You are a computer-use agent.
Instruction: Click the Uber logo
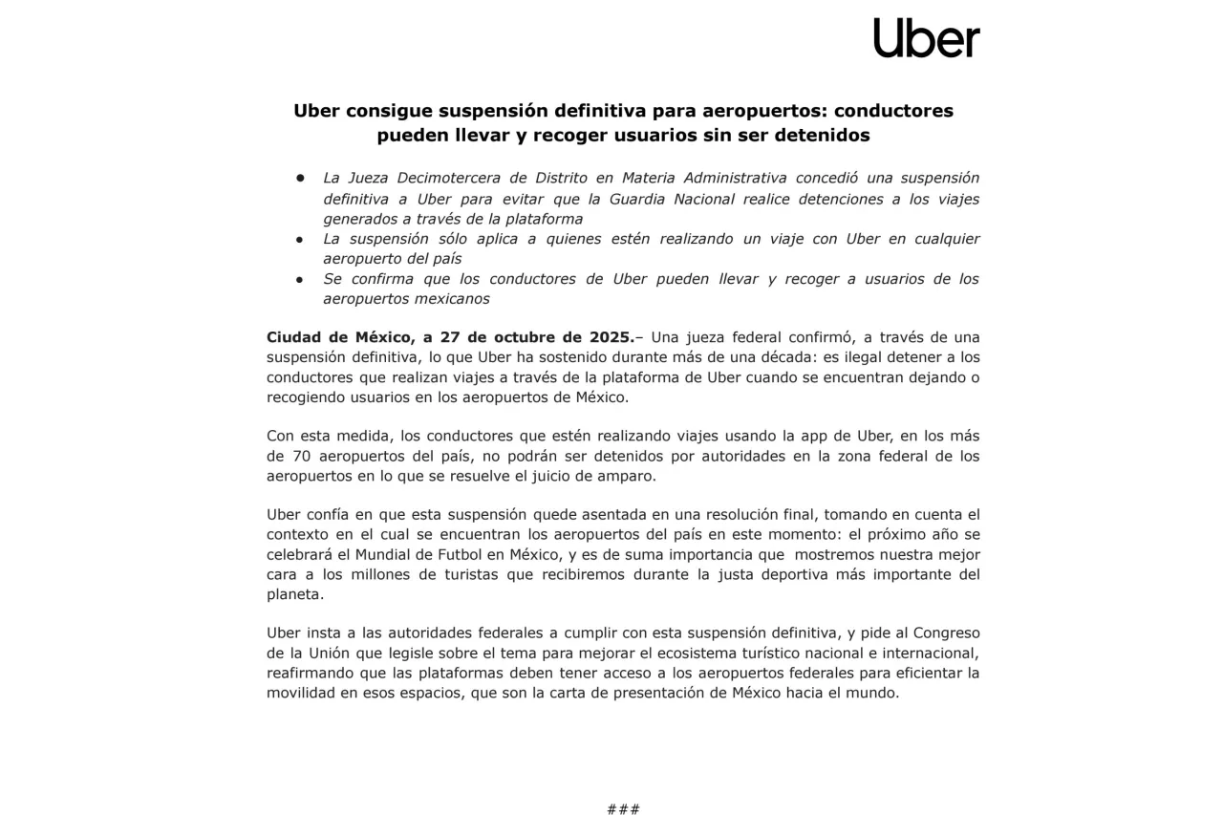point(926,38)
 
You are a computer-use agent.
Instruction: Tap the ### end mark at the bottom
point(623,808)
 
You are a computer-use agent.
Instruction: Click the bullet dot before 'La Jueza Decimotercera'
point(299,178)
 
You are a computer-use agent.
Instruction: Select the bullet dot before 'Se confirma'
point(299,279)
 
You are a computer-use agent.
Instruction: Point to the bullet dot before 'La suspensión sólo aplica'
point(299,239)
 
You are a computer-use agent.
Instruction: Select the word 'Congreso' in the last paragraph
point(946,633)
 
